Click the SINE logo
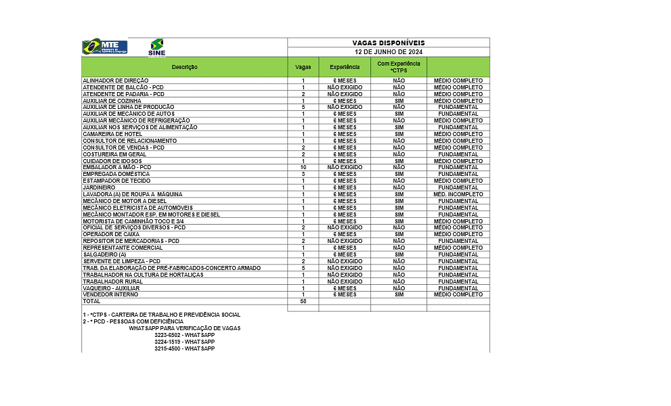click(x=156, y=47)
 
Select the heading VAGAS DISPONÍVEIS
click(x=389, y=43)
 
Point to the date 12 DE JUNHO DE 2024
click(x=389, y=51)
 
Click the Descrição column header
click(x=184, y=67)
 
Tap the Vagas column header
click(x=303, y=67)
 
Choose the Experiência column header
click(x=345, y=67)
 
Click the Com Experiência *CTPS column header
click(x=399, y=67)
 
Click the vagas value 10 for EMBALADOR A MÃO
click(x=303, y=167)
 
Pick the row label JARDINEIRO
click(x=99, y=187)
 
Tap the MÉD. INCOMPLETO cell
click(x=458, y=194)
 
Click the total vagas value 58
click(x=303, y=301)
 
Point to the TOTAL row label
click(x=91, y=301)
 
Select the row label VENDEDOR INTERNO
click(x=110, y=294)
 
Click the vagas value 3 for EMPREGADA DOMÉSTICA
click(x=303, y=174)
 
